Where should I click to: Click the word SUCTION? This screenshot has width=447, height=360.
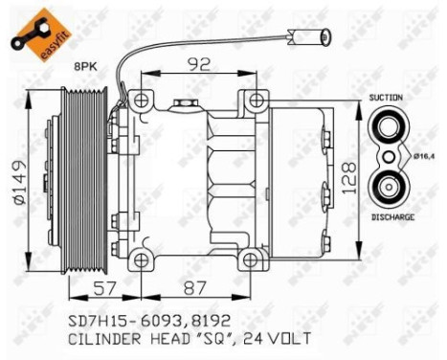pyautogui.click(x=387, y=98)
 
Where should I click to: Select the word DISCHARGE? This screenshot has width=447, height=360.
pyautogui.click(x=391, y=218)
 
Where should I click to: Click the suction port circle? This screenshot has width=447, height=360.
pyautogui.click(x=389, y=127)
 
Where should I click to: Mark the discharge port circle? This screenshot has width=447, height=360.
pyautogui.click(x=389, y=184)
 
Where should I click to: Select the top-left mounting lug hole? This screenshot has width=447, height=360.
pyautogui.click(x=142, y=100)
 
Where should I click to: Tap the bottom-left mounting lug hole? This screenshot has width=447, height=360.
pyautogui.click(x=142, y=259)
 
